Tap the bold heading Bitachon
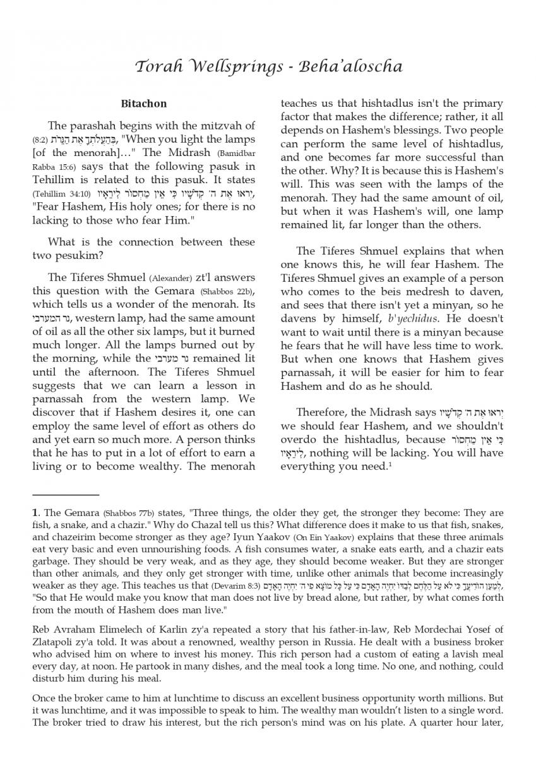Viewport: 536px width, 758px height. [x=144, y=103]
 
